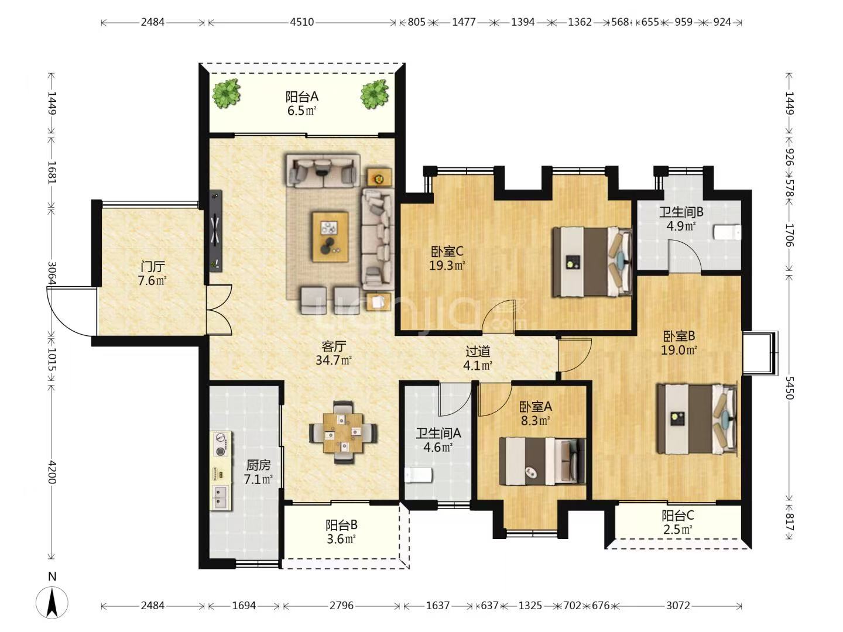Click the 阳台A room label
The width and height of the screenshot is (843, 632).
301,97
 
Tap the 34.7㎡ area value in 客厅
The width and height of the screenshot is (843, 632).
334,360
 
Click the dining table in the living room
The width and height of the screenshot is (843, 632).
343,432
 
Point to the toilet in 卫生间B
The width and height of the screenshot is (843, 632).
727,232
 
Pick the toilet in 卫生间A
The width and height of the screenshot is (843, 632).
419,475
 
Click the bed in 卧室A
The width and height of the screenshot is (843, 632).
542,461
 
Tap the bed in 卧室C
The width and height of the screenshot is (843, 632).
592,262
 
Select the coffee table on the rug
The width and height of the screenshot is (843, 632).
330,236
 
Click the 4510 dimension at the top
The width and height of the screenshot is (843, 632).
302,22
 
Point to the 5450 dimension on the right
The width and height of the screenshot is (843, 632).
789,388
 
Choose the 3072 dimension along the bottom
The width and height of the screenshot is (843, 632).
678,606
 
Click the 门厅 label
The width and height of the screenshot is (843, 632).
153,266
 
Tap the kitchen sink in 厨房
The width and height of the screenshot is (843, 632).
221,497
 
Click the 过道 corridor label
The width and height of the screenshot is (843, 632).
478,352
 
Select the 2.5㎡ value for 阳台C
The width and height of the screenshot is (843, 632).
678,530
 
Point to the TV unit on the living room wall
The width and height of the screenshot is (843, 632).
215,231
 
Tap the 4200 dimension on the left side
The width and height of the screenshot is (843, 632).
52,472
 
